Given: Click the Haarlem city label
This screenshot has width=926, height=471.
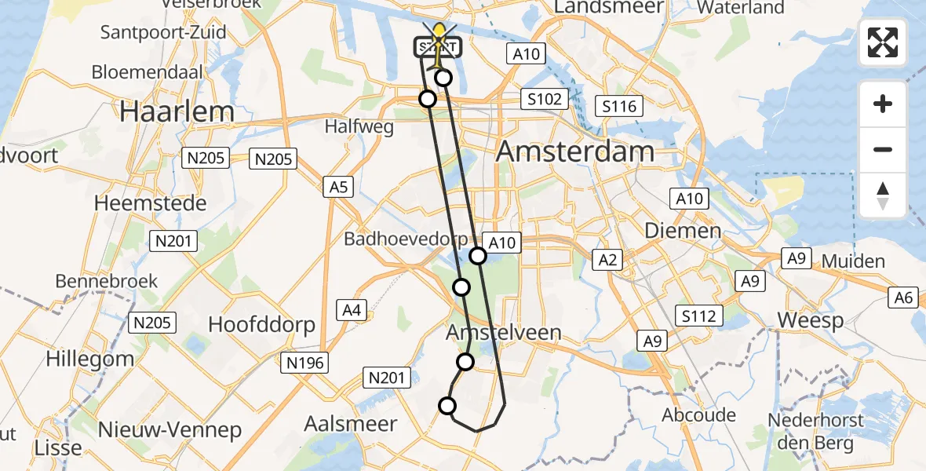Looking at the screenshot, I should (x=177, y=111).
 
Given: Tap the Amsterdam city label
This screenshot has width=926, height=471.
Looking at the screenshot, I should (x=576, y=152).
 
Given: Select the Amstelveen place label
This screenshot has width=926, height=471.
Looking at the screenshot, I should (x=504, y=332).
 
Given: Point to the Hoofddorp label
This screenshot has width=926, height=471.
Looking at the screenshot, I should (x=261, y=324).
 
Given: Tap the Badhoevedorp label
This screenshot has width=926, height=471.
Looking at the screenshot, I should (x=406, y=239).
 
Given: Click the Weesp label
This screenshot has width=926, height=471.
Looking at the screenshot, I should (x=811, y=320).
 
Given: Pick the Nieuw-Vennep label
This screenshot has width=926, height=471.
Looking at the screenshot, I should (x=170, y=429).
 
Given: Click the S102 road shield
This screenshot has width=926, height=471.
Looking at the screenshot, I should (x=543, y=99).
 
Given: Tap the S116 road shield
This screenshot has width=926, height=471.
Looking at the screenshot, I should (x=618, y=106).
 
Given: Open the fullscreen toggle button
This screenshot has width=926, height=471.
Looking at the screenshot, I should (x=883, y=42).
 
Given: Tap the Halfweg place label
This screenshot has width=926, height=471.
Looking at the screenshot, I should (x=359, y=128).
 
